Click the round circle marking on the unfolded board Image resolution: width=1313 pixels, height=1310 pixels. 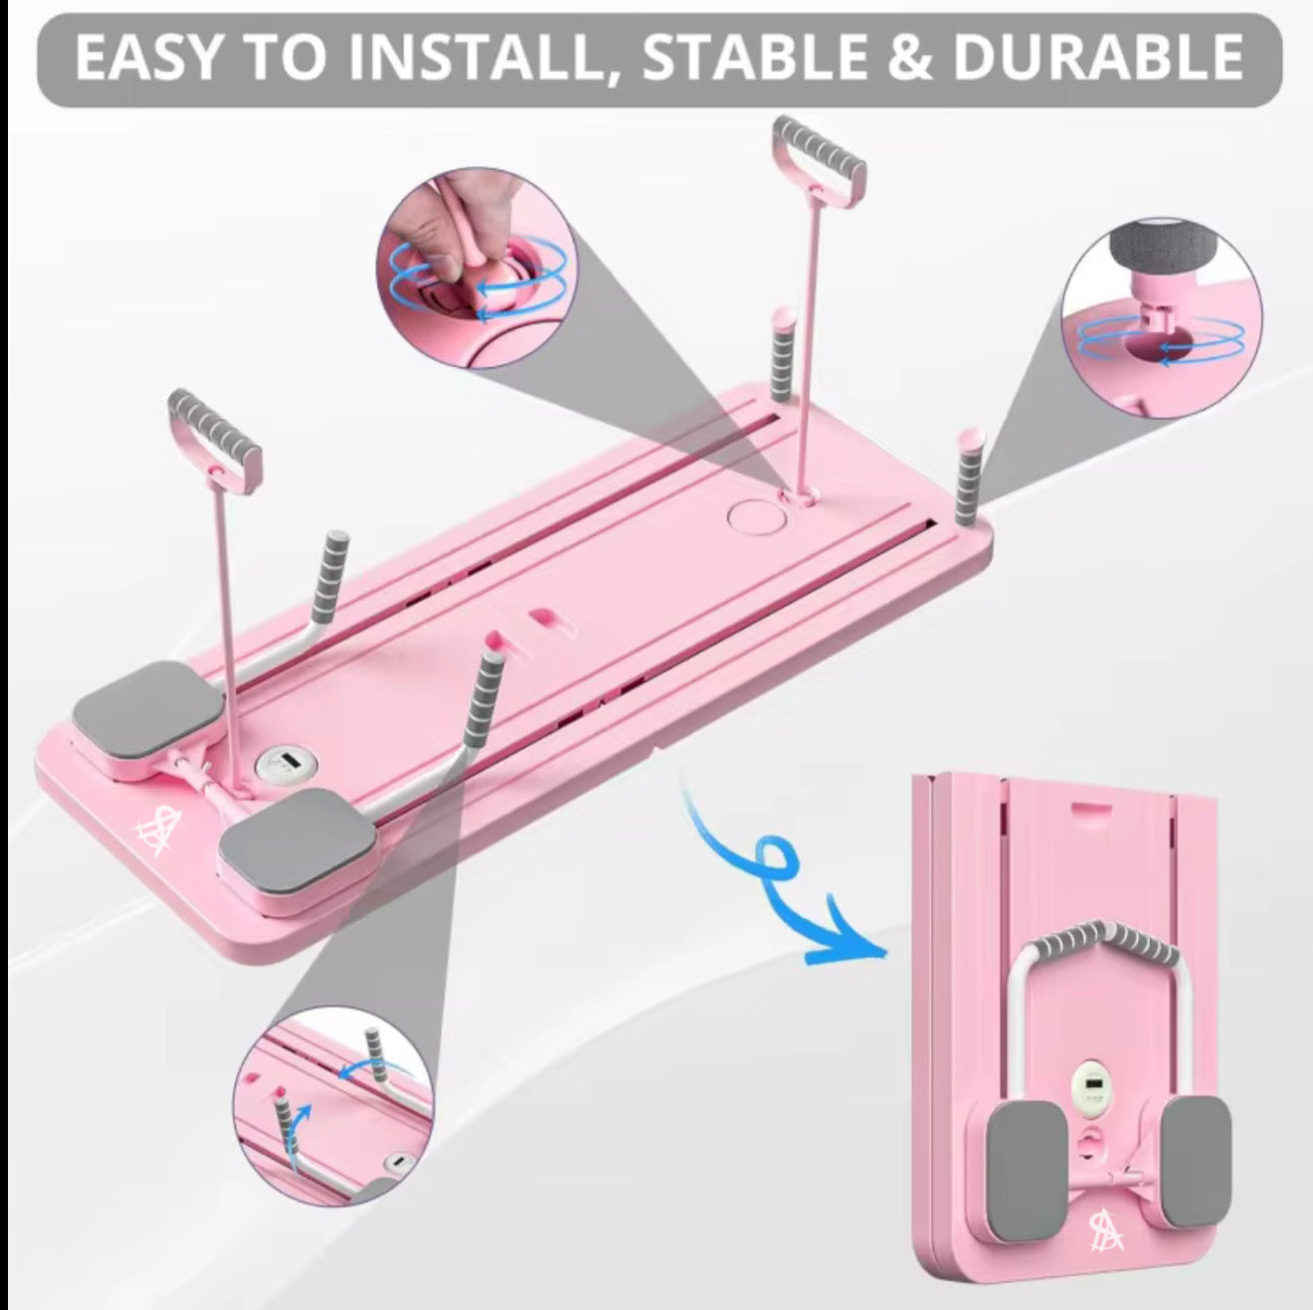point(757,517)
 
